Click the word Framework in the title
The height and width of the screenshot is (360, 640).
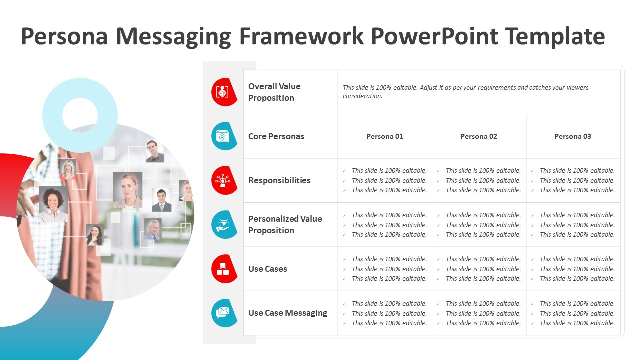click(301, 36)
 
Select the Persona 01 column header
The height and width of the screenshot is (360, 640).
click(385, 136)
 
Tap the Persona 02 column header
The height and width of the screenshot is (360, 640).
click(479, 136)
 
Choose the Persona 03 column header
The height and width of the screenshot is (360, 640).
click(573, 136)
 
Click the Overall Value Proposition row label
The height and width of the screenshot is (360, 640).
click(274, 92)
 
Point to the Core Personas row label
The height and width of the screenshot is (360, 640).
click(276, 136)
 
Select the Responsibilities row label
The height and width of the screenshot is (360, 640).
click(279, 180)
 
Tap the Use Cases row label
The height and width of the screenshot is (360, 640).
click(268, 269)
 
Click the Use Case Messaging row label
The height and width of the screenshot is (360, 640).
click(288, 313)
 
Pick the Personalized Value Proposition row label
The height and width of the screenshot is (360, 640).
click(285, 225)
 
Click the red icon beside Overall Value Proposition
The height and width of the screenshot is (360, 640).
click(224, 92)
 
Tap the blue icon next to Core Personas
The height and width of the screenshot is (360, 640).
click(224, 136)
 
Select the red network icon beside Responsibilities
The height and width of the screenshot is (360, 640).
click(224, 180)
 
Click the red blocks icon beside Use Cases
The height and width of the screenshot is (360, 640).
click(224, 269)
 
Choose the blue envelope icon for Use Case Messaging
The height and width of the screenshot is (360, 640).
click(224, 313)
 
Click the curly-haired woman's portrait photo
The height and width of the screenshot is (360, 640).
click(53, 204)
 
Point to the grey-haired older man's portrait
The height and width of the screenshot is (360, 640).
click(153, 229)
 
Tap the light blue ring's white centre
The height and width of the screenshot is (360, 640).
click(80, 115)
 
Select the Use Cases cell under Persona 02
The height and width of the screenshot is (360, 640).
click(479, 269)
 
